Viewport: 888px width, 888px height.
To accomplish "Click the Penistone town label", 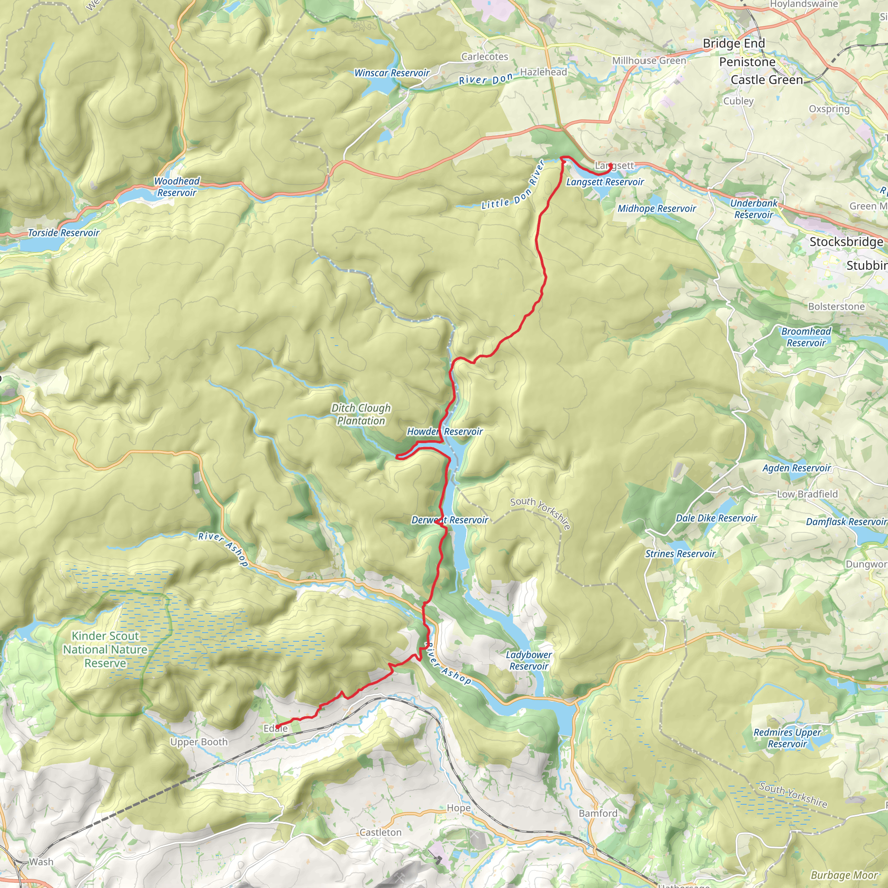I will pos(747,62).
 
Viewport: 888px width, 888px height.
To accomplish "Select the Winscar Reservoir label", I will pos(392,73).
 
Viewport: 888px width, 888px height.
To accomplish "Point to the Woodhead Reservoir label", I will pos(176,186).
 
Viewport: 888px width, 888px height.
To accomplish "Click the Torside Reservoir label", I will pos(63,233).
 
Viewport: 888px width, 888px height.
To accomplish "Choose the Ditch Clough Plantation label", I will pos(361,414).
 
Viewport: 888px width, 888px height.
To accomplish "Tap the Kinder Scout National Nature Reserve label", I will pos(105,650).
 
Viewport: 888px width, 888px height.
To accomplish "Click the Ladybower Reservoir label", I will pos(529,660).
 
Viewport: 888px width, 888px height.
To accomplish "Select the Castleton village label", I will pos(380,832).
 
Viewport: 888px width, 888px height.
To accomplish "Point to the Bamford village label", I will pos(597,813).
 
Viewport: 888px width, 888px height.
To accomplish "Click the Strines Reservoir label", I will pos(680,554).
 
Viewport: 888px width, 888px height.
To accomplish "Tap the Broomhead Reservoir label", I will pos(806,337).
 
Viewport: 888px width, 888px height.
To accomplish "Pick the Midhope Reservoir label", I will pos(656,209).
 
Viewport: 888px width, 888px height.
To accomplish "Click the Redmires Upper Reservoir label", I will pos(787,738).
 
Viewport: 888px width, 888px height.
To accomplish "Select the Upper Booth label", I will pos(199,742).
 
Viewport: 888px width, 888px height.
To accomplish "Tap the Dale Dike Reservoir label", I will pos(716,519).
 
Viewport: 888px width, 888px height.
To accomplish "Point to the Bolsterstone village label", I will pos(836,307).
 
